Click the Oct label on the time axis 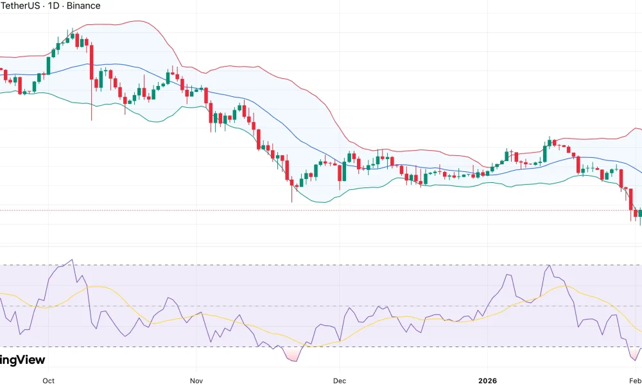[x=48, y=381]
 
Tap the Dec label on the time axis [x=340, y=381]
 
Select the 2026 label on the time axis [x=487, y=381]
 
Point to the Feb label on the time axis [x=636, y=381]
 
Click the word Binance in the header [x=83, y=6]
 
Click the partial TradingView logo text [x=22, y=361]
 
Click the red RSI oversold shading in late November [x=292, y=355]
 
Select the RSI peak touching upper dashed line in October [x=72, y=261]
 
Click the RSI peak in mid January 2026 [x=549, y=266]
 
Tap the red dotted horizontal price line [x=321, y=210]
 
